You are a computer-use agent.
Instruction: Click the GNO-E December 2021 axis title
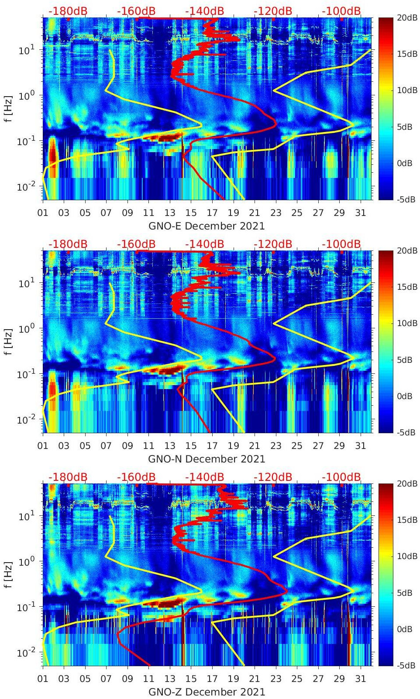pos(207,226)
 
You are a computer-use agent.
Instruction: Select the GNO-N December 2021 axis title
pos(207,459)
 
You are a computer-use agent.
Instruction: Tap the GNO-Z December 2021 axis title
pos(207,692)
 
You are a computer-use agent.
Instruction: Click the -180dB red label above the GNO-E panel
pos(68,11)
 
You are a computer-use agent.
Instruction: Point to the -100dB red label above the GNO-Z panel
pos(341,477)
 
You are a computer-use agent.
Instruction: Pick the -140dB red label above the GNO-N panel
pos(205,244)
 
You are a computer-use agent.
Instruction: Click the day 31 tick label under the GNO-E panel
pos(360,213)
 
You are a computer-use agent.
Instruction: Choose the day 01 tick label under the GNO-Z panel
pos(43,679)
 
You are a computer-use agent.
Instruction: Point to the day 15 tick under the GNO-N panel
pos(191,446)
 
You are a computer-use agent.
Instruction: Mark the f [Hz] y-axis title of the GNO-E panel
pos(9,108)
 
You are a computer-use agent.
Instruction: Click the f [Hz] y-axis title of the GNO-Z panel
pos(9,574)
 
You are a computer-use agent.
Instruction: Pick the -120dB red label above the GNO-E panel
pos(273,11)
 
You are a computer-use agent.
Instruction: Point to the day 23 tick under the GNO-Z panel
pos(275,679)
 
